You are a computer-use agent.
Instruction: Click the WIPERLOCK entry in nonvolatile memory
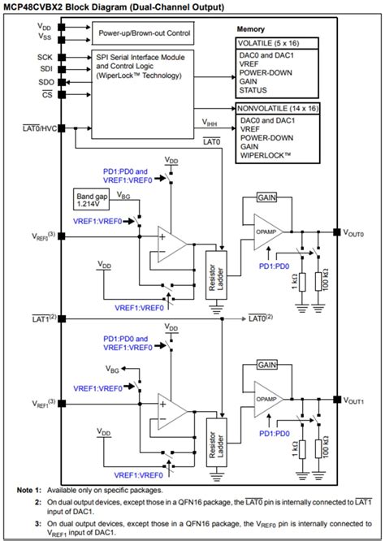pos(266,154)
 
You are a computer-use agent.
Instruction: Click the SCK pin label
pos(45,57)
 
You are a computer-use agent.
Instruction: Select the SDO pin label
pos(45,82)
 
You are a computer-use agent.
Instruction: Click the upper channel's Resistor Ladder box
pos(216,273)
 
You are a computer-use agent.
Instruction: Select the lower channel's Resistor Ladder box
pos(216,439)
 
